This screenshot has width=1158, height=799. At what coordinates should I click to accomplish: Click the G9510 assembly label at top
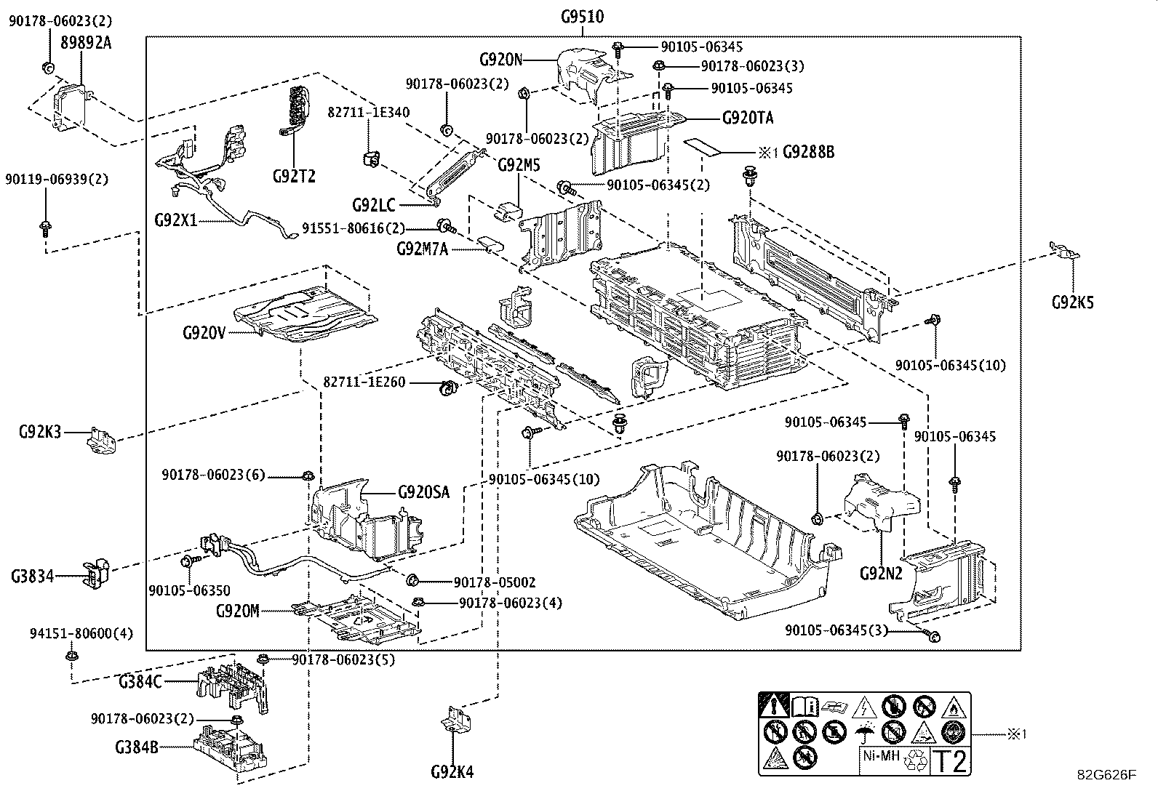(x=582, y=17)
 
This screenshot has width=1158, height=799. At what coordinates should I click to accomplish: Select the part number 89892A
(x=86, y=43)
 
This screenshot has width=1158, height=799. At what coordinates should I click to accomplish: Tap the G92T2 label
(x=294, y=176)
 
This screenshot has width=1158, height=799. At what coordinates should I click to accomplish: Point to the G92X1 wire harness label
(x=175, y=220)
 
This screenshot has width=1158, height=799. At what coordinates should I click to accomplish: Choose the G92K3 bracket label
(x=39, y=433)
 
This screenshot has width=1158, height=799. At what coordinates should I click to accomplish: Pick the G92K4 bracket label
(x=452, y=772)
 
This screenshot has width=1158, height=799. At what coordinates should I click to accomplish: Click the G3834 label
(x=32, y=577)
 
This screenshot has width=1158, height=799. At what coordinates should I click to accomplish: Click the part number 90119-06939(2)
(x=57, y=180)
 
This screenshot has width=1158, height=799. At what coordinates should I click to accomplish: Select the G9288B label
(x=808, y=152)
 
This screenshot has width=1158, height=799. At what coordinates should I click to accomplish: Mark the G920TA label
(x=748, y=118)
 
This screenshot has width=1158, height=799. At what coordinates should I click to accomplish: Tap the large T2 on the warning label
(x=950, y=761)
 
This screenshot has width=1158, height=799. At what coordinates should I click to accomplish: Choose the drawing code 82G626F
(x=1106, y=775)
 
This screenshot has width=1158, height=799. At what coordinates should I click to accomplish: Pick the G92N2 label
(x=881, y=573)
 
